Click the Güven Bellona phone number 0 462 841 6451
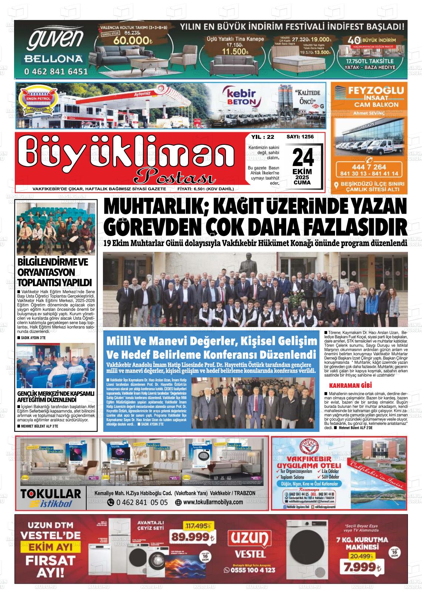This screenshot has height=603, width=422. point(56,71)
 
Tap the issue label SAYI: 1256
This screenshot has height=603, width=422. point(300,137)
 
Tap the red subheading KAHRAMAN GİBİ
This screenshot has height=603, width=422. point(348,386)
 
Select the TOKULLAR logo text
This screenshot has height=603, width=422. point(51,494)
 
